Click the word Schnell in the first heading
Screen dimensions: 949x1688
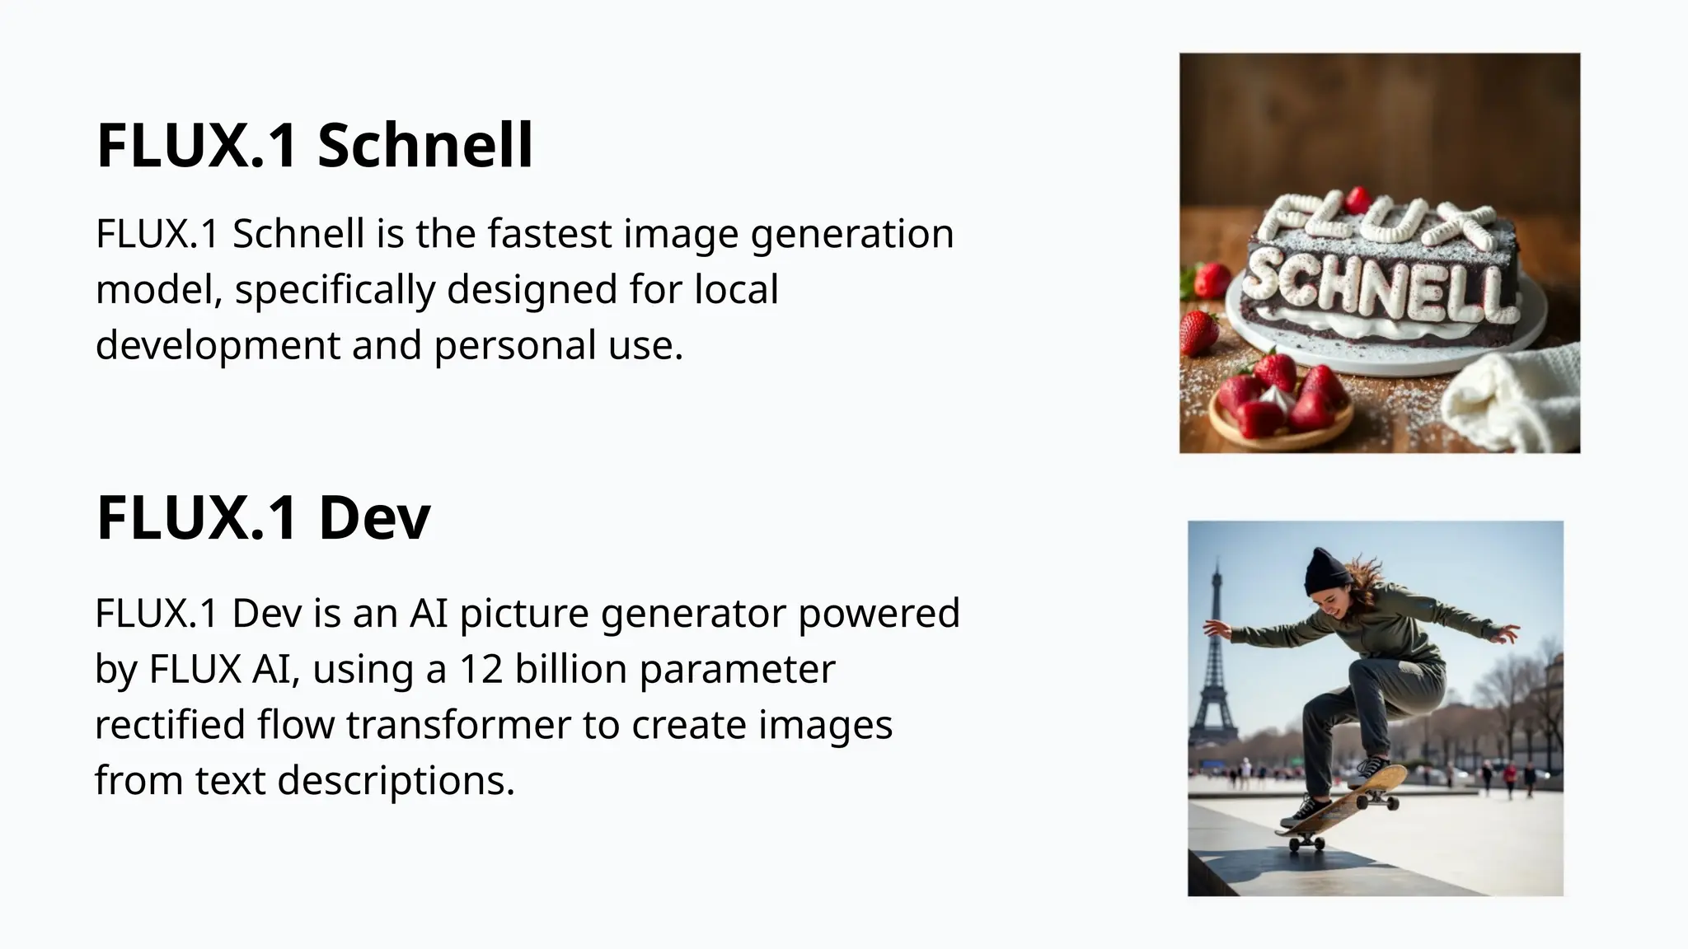(x=425, y=145)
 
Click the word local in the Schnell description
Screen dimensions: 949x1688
(x=736, y=289)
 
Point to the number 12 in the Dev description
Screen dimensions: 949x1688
(x=481, y=669)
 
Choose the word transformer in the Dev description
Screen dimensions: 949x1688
(x=458, y=725)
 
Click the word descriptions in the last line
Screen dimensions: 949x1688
(x=396, y=780)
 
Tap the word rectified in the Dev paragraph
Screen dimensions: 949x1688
(x=170, y=725)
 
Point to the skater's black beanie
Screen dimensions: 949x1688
(x=1326, y=570)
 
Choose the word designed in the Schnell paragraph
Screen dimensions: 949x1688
(x=532, y=289)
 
